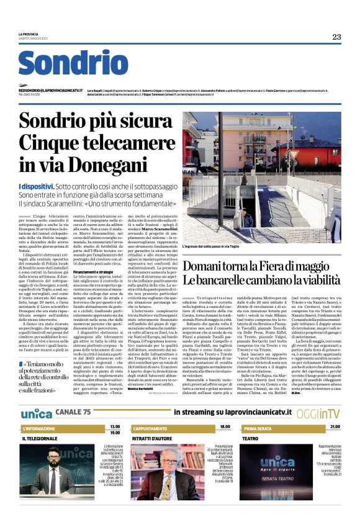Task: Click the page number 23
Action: (336, 37)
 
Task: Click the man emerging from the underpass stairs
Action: (249, 218)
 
